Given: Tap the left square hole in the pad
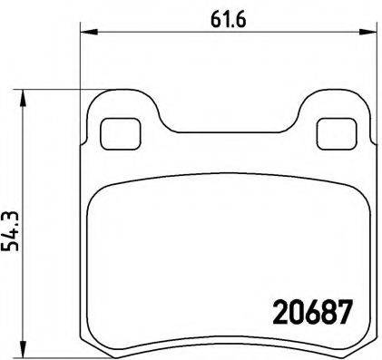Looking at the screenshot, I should click(x=114, y=132).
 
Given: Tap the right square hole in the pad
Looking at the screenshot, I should click(x=332, y=132).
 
